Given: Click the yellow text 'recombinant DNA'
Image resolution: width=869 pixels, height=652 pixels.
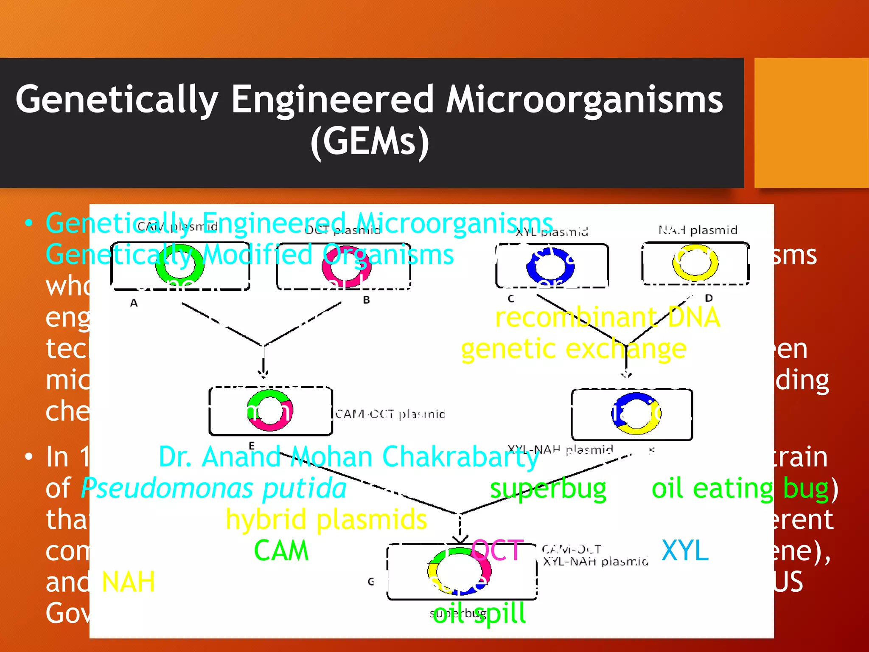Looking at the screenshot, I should coord(607,318).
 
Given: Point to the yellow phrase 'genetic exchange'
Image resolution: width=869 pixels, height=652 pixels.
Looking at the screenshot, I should coord(573,349).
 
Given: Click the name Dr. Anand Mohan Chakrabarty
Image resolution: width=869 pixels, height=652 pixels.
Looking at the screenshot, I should coord(349,457).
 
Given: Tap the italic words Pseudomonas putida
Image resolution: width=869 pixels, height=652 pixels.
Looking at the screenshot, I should coord(213,489).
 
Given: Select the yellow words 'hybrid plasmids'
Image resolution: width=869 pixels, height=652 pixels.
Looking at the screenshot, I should coord(326,520).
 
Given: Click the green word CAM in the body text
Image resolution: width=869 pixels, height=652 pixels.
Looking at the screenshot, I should coord(281,551).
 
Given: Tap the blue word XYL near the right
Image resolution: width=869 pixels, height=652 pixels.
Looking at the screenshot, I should coord(685,551).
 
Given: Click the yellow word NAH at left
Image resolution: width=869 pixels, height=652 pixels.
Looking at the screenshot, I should coord(128,582).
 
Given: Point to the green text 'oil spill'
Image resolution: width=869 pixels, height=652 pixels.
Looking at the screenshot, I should coord(479,614).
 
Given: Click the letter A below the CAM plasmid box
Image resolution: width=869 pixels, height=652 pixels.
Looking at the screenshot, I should coord(134,303).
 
